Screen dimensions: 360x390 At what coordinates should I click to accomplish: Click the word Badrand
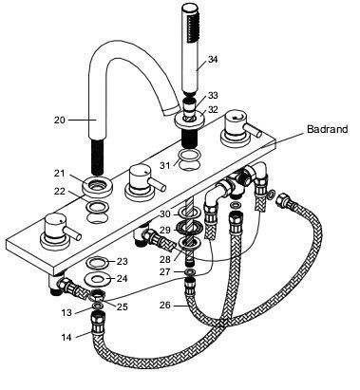point(328,129)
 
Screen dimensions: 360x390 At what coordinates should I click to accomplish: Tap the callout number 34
point(213,59)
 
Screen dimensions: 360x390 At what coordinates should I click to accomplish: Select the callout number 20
point(60,121)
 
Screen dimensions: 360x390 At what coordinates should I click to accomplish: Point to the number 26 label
point(165,306)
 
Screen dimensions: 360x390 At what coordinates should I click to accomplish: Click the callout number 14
point(66,337)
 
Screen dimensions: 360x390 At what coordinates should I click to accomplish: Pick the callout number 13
point(66,312)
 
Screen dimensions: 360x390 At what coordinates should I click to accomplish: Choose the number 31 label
point(164,165)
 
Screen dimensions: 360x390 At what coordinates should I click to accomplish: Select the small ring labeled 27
point(190,272)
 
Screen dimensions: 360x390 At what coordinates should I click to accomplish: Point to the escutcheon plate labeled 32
point(191,120)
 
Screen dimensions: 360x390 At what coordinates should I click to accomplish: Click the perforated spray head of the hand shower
point(191,29)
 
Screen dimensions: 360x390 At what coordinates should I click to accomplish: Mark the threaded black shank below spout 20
point(97,157)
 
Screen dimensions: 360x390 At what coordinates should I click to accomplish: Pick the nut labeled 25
point(97,296)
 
